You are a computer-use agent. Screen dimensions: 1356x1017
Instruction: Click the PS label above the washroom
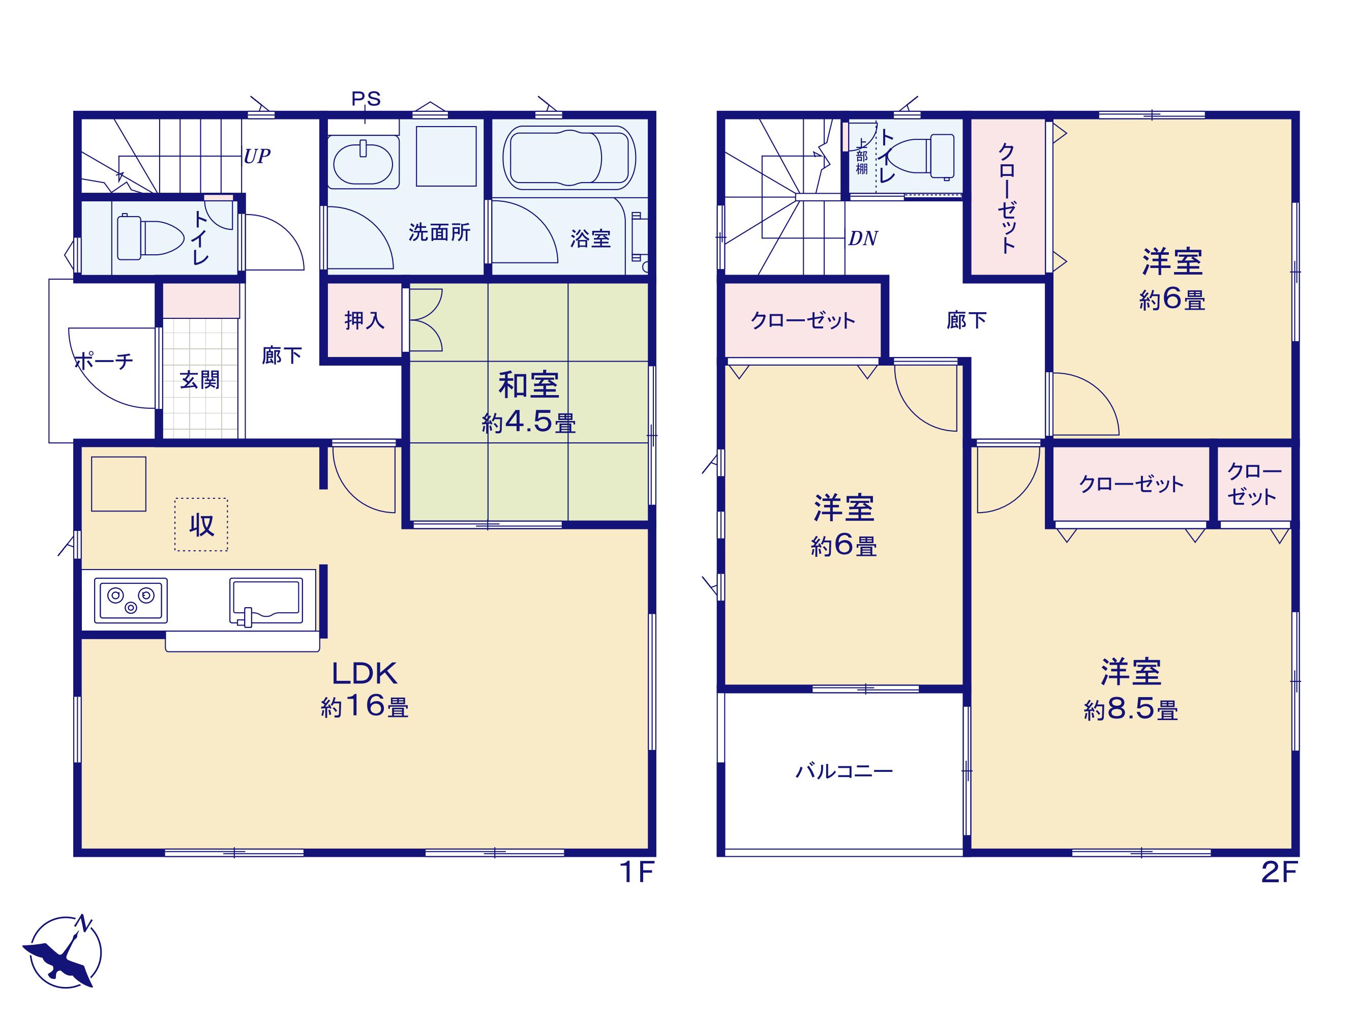click(366, 99)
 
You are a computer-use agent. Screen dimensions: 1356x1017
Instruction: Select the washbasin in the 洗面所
click(363, 162)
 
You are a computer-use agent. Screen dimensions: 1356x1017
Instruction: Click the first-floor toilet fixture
click(150, 236)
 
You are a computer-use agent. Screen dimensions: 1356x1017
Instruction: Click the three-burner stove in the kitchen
click(131, 600)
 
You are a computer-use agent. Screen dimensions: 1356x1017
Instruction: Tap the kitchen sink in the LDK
click(265, 602)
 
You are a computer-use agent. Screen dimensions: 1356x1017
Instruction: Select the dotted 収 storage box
click(201, 524)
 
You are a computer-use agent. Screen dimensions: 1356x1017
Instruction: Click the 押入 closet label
click(364, 320)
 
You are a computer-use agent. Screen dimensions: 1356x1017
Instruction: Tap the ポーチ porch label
click(104, 361)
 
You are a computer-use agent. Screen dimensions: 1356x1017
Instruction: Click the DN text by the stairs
click(863, 238)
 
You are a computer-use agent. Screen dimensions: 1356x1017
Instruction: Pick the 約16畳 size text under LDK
click(365, 707)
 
